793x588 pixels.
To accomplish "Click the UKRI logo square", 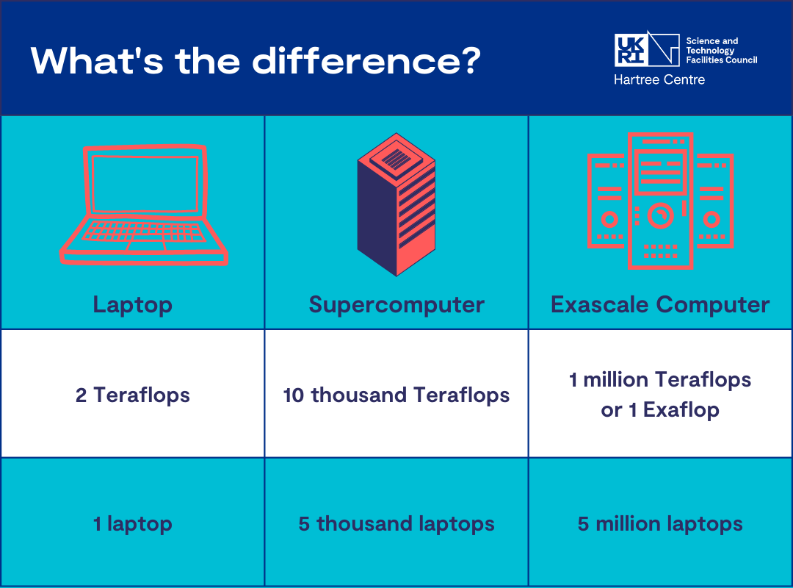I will click(631, 50).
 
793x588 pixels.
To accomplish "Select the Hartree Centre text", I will click(659, 80).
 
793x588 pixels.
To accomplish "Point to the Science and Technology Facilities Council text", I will click(720, 50).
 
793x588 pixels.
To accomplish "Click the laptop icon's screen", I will click(145, 182).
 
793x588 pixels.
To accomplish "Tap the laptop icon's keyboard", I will click(143, 231).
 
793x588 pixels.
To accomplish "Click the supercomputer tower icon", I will click(396, 206).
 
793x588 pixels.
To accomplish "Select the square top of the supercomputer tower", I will click(396, 157).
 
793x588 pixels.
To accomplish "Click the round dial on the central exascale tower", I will click(660, 215).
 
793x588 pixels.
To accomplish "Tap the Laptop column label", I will click(132, 304).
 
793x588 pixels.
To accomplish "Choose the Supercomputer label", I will click(396, 304).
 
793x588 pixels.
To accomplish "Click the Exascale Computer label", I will click(660, 304).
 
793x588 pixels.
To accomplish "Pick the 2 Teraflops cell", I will click(132, 395).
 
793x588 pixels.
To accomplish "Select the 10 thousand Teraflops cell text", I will click(396, 395).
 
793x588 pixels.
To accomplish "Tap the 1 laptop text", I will click(132, 524).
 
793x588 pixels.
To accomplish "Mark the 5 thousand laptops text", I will click(396, 524).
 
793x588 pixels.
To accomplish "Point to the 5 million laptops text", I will click(660, 524).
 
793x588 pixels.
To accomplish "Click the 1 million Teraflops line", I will click(660, 380).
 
